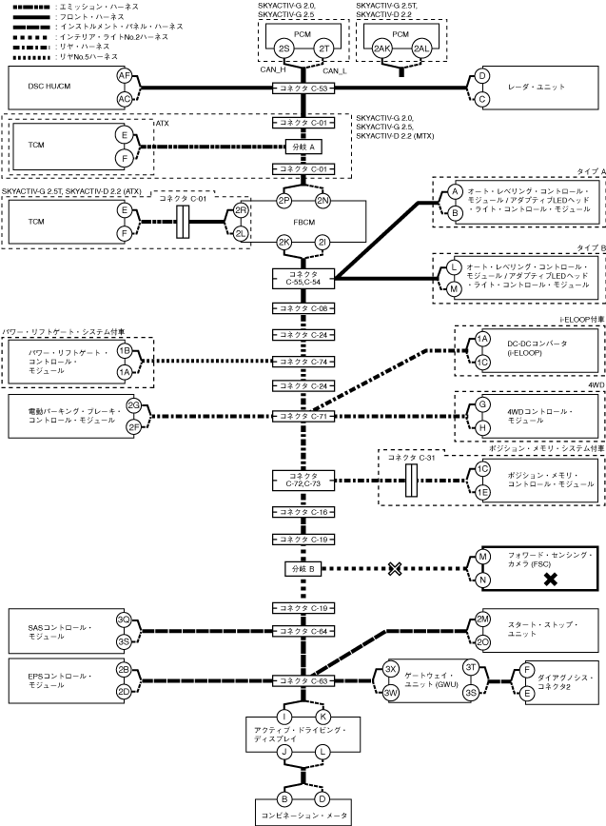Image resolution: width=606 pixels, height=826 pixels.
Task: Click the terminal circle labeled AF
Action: coord(124,75)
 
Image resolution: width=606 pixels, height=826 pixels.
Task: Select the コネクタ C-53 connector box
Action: coord(303,88)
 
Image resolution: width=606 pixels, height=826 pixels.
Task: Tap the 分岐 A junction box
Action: coord(303,147)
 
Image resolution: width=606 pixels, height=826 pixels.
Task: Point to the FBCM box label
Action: coord(303,225)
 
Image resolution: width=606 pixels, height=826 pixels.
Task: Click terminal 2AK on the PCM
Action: coord(381,48)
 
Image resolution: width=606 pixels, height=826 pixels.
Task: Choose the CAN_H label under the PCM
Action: coord(273,70)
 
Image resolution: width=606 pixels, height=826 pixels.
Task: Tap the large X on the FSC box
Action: coord(550,579)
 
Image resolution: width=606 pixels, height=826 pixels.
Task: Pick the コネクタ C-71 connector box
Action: coord(303,416)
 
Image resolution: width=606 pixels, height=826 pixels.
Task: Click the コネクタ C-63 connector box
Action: coord(303,680)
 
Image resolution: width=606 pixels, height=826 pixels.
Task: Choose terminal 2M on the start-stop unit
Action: coord(483,619)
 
